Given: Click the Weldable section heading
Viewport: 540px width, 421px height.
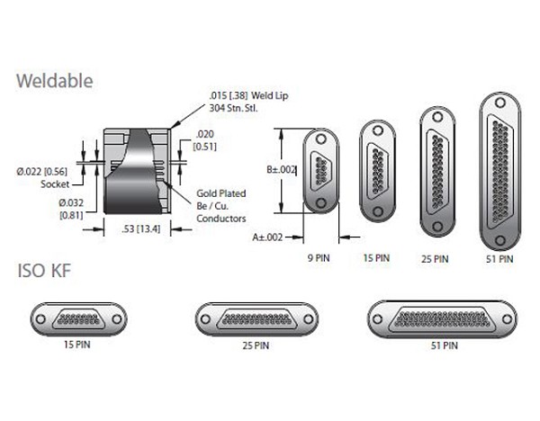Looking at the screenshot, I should [x=55, y=82].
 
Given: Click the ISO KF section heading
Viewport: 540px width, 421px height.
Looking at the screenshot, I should [x=45, y=270].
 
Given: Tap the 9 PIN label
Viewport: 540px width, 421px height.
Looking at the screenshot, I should [x=319, y=257].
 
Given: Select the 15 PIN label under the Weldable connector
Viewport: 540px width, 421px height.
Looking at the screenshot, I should [x=376, y=257].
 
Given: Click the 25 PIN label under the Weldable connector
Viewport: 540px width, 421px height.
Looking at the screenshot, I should [x=434, y=258].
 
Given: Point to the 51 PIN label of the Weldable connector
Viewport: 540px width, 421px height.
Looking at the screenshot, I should [x=498, y=259].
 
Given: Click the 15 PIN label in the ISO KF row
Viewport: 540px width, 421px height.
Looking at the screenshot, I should [x=79, y=344].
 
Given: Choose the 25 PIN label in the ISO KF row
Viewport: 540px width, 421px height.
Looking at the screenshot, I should [x=256, y=344].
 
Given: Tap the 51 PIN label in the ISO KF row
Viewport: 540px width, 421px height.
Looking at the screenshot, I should [x=444, y=344].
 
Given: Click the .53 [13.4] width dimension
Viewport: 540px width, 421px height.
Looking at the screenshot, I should [x=139, y=229].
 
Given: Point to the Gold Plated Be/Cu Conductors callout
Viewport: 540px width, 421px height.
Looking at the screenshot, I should [x=220, y=204].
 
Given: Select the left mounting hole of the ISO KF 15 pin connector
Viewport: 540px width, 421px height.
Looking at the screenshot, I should [x=41, y=318].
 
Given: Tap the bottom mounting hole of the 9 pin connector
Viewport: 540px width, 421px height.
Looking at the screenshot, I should [x=319, y=203].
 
